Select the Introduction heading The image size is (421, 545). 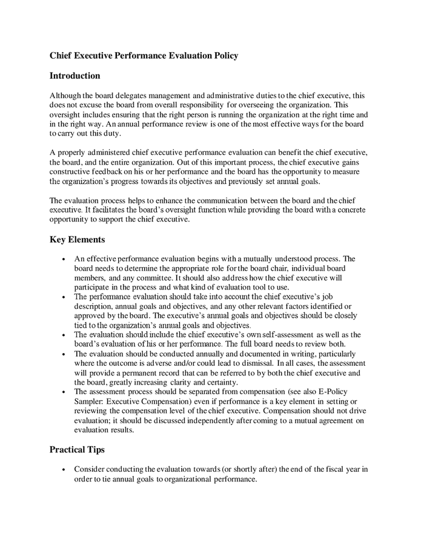pos(75,76)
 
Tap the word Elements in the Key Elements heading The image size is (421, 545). pos(85,240)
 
